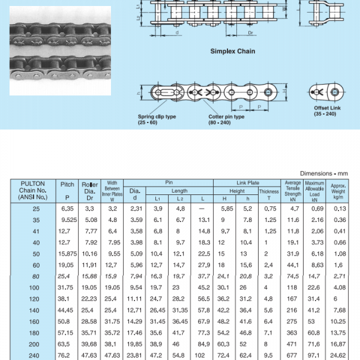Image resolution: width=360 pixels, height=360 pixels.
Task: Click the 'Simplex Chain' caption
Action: (232, 52)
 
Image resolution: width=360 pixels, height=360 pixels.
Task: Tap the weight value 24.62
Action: (340, 355)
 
